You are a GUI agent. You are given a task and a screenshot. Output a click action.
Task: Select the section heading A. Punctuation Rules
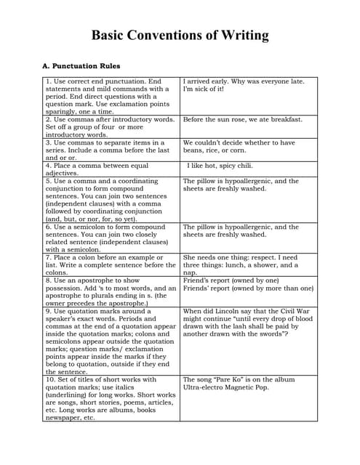(81, 66)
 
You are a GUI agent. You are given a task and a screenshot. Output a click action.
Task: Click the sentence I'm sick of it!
(204, 89)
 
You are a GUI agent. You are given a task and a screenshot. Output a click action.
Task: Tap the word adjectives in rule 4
(62, 173)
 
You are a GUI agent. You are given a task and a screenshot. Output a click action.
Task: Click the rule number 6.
(47, 227)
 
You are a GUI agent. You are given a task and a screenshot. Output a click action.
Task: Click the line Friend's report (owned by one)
(231, 280)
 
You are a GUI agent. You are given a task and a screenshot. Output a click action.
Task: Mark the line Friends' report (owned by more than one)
(248, 288)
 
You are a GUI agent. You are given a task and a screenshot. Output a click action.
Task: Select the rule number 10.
(49, 379)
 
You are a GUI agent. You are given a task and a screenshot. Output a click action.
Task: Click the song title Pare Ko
(231, 379)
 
